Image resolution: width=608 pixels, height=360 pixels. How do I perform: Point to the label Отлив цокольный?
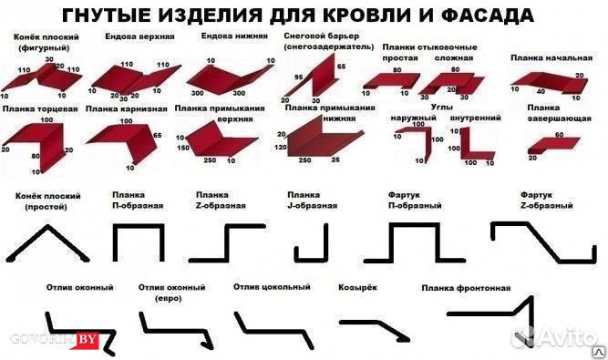point(271,288)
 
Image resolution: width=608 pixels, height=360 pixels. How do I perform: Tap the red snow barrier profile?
point(315,77)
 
